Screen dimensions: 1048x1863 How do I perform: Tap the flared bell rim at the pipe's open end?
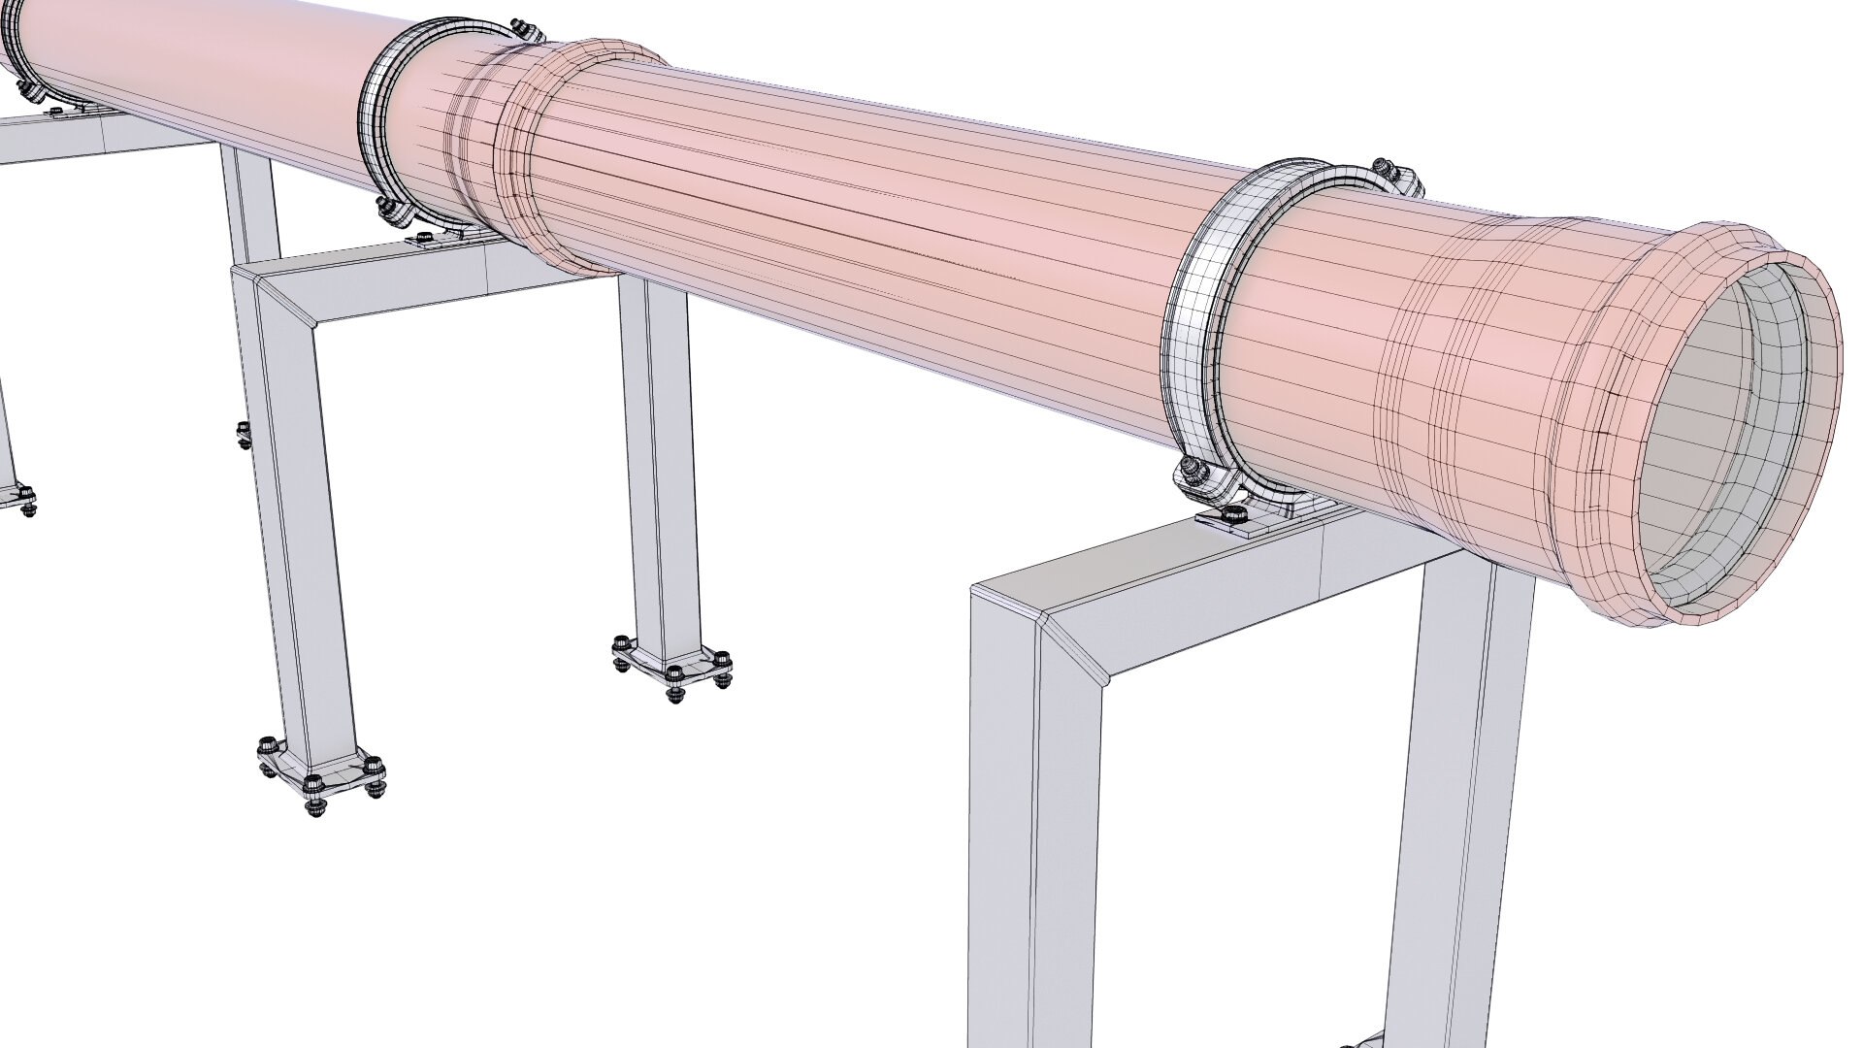pos(1824,320)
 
